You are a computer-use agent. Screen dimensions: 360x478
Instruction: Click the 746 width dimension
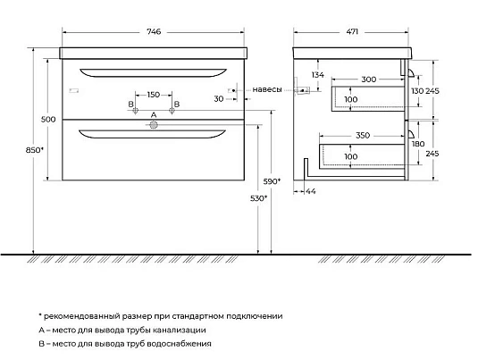click(153, 32)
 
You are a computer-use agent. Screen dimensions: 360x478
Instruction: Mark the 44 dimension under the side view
click(312, 191)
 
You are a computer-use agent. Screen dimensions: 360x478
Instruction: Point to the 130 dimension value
click(418, 91)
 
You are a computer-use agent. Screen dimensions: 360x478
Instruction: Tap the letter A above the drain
click(154, 114)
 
